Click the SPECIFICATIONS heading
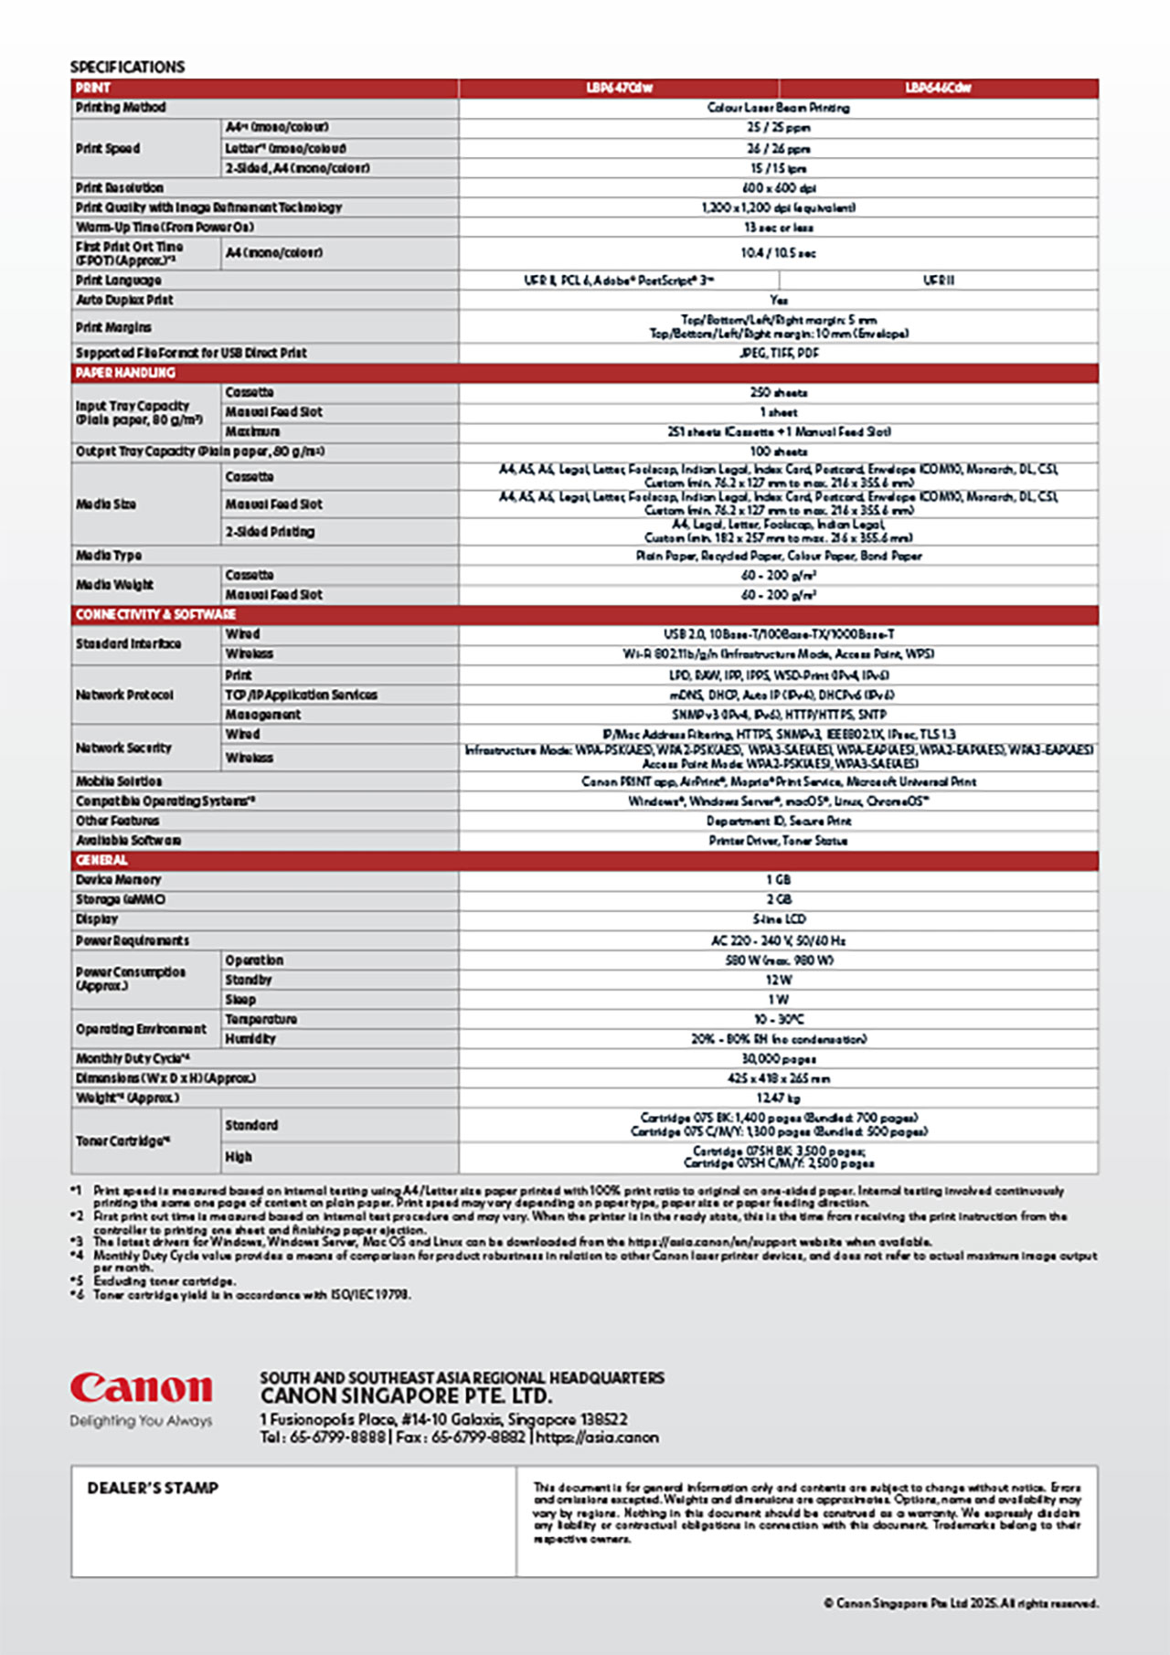click(127, 67)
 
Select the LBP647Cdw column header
click(619, 88)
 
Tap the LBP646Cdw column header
click(938, 88)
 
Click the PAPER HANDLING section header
click(125, 373)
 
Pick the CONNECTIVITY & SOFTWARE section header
click(155, 614)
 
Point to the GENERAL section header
click(101, 860)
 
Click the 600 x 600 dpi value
click(779, 187)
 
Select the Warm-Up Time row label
click(165, 227)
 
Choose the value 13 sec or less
click(779, 227)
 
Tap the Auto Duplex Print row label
click(124, 300)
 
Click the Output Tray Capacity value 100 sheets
click(779, 451)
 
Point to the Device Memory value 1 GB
click(779, 879)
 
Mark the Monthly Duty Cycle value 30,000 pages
click(779, 1058)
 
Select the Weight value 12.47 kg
click(779, 1098)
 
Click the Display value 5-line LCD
click(779, 919)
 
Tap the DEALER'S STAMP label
click(153, 1488)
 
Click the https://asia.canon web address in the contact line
click(597, 1437)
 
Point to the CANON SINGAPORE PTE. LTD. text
click(406, 1396)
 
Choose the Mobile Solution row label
click(119, 781)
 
